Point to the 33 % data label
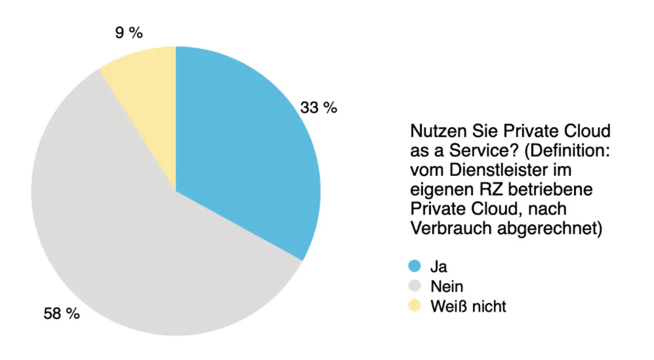[318, 108]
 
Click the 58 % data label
[61, 314]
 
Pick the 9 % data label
[129, 33]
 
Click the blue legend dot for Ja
[414, 266]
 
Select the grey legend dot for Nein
[414, 286]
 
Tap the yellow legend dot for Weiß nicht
[414, 306]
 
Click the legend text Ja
[439, 266]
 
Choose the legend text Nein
[447, 286]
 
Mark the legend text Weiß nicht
[469, 306]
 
